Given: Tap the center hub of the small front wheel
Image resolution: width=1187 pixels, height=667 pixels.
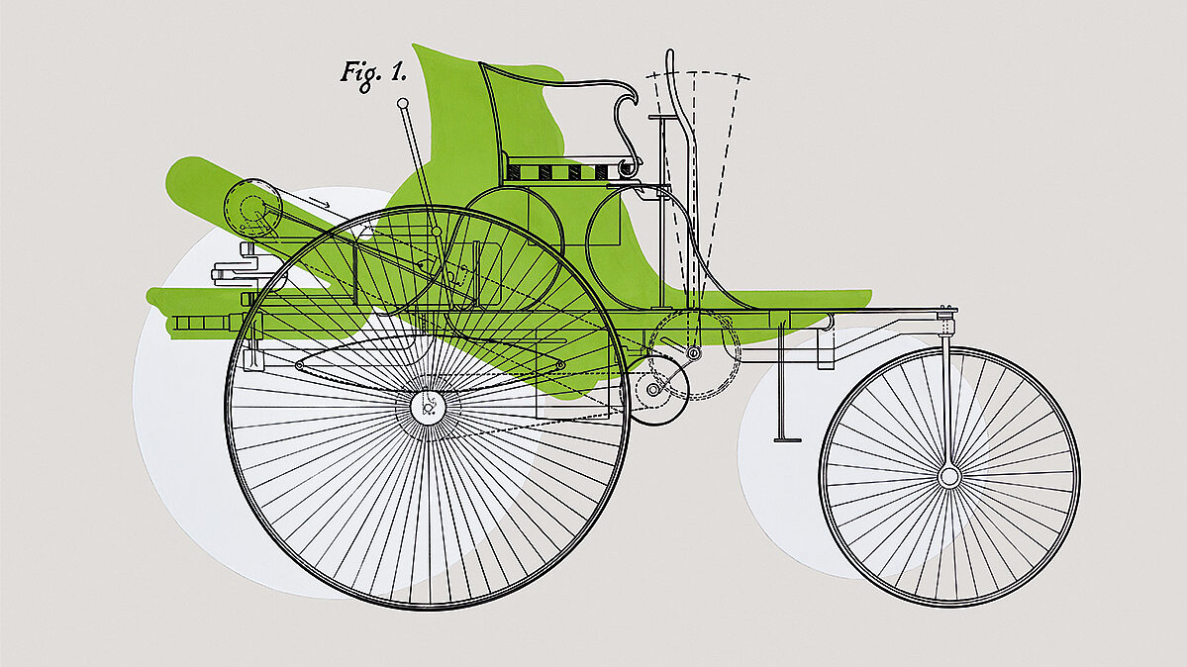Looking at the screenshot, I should (x=949, y=477).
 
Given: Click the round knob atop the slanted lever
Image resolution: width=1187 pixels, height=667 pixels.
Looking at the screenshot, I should (x=402, y=102).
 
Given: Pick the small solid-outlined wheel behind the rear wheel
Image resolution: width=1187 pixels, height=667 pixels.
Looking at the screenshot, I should (x=654, y=390).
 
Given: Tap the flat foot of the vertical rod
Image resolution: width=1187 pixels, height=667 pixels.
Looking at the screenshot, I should (x=787, y=438).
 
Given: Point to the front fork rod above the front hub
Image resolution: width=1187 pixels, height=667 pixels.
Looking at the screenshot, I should (x=947, y=396).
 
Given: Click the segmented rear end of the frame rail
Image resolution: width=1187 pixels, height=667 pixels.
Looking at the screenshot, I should (x=203, y=324).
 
